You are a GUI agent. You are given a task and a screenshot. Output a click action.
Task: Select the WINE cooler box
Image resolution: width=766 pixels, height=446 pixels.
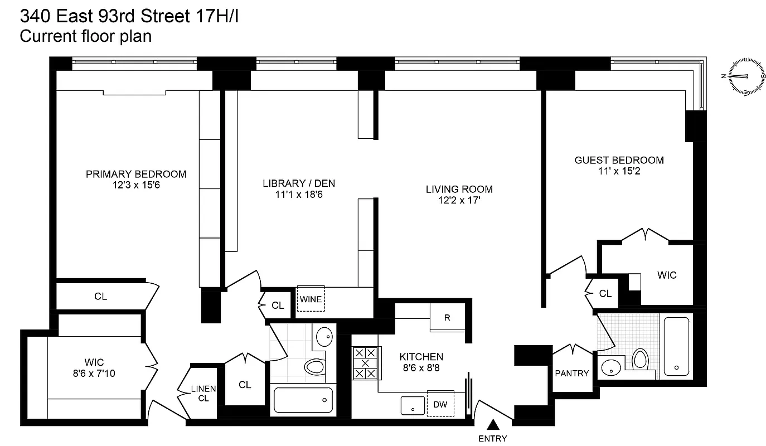point(311,299)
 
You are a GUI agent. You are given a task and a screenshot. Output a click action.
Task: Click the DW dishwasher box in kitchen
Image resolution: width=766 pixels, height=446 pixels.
point(440,404)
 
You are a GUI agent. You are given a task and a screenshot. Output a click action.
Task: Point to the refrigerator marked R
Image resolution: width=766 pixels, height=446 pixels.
point(447,318)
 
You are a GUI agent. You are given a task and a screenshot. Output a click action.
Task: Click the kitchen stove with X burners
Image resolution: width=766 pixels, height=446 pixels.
point(365,363)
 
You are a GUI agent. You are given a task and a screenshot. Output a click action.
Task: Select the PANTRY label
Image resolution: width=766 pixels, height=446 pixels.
point(572,373)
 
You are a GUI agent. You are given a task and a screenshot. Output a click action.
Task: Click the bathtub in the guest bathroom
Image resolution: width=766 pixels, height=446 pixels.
point(676,346)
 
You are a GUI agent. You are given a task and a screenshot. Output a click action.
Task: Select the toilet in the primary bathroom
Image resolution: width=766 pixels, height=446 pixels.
point(316,366)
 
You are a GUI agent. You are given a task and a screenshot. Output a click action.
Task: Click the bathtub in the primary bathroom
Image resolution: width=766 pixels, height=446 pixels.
point(303,400)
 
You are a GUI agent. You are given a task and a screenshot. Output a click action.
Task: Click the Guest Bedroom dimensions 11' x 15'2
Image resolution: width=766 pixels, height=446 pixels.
point(619,171)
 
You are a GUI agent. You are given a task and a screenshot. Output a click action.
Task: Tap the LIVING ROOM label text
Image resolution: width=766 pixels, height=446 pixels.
point(459,189)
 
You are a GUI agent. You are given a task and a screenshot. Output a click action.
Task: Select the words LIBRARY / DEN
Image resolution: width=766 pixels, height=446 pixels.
point(299,183)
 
